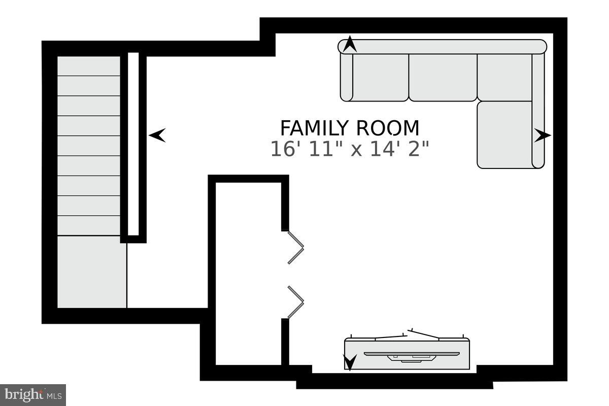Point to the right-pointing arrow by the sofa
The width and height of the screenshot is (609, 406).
(x=542, y=135)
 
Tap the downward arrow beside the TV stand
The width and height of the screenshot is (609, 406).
(x=349, y=362)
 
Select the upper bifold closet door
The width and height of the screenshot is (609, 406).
(x=295, y=247)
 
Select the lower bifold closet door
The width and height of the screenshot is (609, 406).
(x=295, y=302)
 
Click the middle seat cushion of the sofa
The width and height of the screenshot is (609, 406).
(x=443, y=77)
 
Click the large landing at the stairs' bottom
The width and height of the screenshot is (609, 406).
(x=91, y=272)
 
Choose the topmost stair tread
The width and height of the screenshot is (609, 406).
(x=88, y=66)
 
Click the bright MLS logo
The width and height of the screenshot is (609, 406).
(x=33, y=394)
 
